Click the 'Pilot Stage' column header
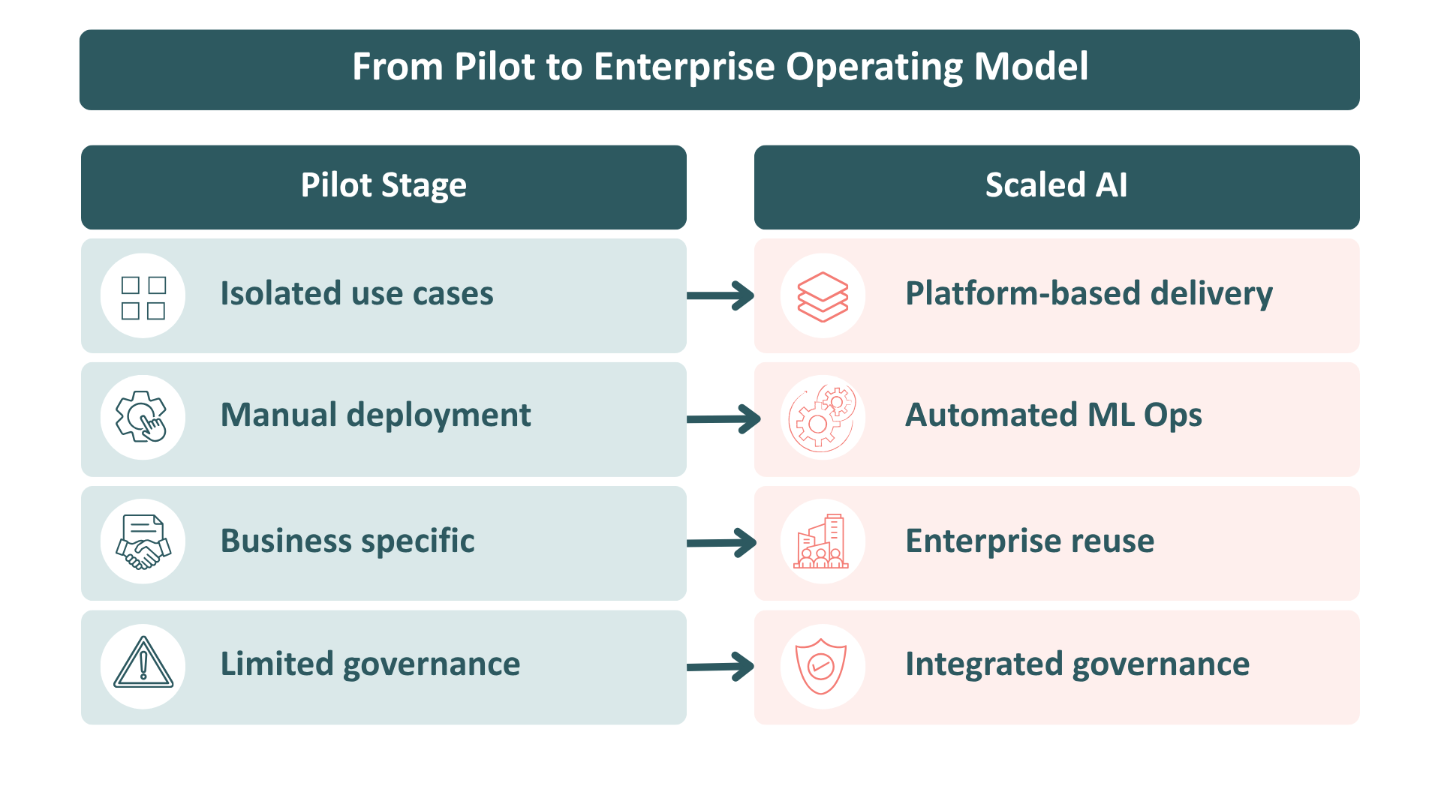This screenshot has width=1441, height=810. tap(384, 187)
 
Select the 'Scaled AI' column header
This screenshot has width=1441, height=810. tap(1057, 187)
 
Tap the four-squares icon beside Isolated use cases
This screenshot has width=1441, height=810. tap(143, 298)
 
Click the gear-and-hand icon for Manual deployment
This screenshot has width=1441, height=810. tap(141, 417)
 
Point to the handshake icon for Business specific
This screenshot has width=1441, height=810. tap(143, 542)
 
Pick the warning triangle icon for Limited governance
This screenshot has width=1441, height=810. tap(143, 663)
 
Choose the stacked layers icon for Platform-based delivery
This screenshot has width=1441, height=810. tap(823, 297)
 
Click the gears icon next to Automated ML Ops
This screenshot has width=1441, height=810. tap(823, 418)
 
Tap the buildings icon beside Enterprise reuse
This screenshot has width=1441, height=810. tap(821, 541)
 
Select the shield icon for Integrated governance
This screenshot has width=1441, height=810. tap(821, 666)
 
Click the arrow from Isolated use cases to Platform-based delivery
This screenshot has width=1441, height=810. tap(720, 295)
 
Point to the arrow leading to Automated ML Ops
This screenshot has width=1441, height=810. tap(724, 419)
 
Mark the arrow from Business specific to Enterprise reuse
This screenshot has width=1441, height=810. tap(722, 543)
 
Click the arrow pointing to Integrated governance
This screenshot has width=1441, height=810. tap(720, 666)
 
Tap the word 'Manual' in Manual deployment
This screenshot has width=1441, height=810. tap(278, 415)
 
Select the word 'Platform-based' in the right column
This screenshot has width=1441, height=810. tap(1022, 293)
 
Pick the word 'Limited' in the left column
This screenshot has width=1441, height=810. tap(277, 664)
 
